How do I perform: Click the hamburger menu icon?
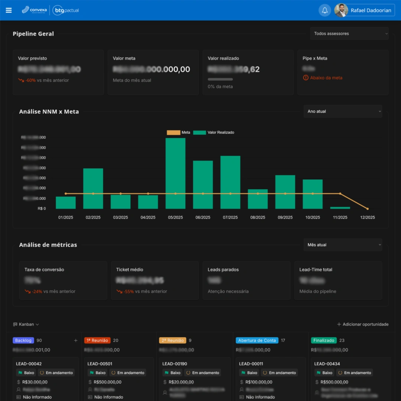coord(9,10)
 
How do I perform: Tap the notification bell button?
coord(325,10)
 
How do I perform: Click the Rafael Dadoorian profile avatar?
coord(341,10)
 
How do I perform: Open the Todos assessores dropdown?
coord(349,33)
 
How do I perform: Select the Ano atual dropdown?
coord(342,111)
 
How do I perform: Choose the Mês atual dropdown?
coord(342,245)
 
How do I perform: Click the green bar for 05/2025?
coord(175,173)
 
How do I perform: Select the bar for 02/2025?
coord(93,188)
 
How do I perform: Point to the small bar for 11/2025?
coord(340,208)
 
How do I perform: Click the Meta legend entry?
coord(179,133)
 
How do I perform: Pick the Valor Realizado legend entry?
coord(213,133)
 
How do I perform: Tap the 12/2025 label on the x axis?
coord(368,218)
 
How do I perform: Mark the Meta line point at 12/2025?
coord(368,209)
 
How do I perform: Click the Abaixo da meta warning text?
coord(326,78)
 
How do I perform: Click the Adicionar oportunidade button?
coord(362,325)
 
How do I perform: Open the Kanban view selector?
coord(26,325)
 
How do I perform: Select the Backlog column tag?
coord(23,340)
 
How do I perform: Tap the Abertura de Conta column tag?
coord(257,340)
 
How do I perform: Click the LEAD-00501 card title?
coord(100,364)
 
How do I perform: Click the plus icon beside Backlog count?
coord(76,340)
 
